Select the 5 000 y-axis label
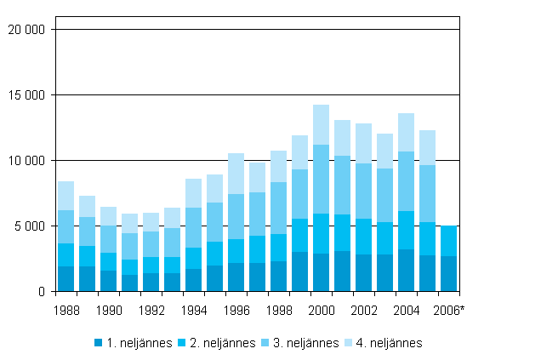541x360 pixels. point(32,226)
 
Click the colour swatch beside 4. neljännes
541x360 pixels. point(349,343)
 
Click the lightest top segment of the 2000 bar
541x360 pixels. point(321,124)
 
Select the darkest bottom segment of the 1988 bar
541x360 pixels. point(65,278)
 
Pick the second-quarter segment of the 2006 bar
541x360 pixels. point(448,241)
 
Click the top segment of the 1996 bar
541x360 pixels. point(236,174)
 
